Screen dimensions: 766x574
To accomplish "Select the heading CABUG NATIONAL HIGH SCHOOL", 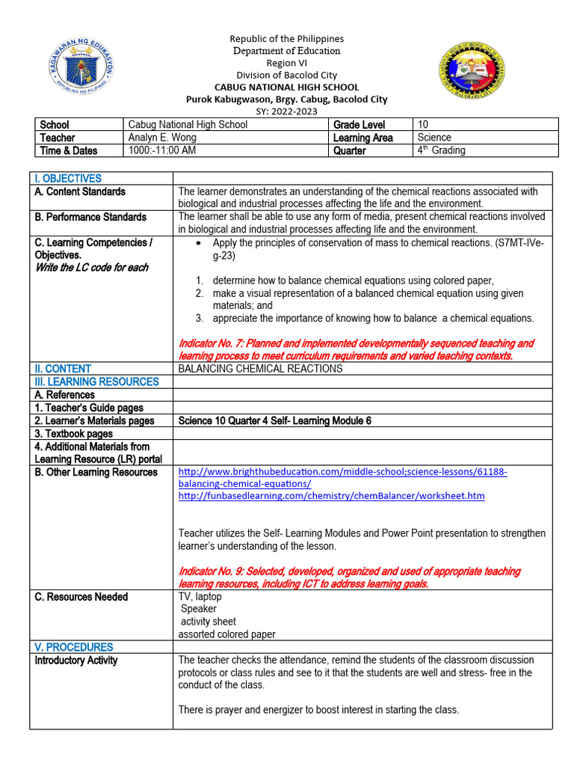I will pyautogui.click(x=286, y=87).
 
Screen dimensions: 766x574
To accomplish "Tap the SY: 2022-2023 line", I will pyautogui.click(x=286, y=111).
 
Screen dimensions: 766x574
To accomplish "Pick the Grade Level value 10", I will pyautogui.click(x=424, y=125).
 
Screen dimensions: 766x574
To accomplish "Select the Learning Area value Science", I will pyautogui.click(x=435, y=138).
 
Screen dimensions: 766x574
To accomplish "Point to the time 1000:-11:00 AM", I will pyautogui.click(x=162, y=150).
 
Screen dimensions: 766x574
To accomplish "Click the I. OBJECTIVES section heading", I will pyautogui.click(x=68, y=179).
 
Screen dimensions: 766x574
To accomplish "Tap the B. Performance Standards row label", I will pyautogui.click(x=89, y=217).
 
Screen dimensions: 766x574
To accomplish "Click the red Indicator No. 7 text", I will pyautogui.click(x=356, y=349).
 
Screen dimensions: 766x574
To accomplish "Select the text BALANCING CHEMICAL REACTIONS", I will pyautogui.click(x=260, y=369).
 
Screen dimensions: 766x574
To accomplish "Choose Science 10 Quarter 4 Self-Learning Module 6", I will pyautogui.click(x=274, y=420).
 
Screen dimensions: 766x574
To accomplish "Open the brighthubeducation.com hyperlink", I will pyautogui.click(x=343, y=472).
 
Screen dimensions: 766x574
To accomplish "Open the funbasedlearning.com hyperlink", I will pyautogui.click(x=331, y=496).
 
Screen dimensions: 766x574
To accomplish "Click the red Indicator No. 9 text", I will pyautogui.click(x=349, y=577).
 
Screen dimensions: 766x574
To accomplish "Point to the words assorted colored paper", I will pyautogui.click(x=226, y=634).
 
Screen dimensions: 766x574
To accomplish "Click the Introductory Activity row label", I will pyautogui.click(x=76, y=661).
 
